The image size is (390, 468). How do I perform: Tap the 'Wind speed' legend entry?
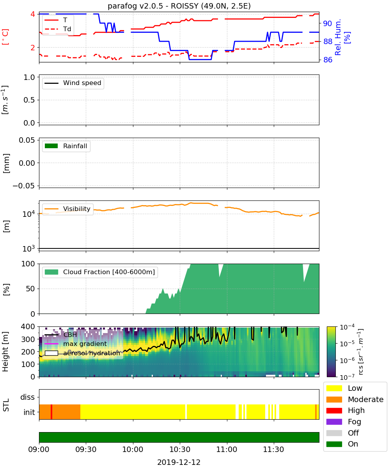[73, 83]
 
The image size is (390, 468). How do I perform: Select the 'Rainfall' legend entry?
[66, 146]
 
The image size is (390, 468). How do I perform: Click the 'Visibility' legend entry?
[67, 209]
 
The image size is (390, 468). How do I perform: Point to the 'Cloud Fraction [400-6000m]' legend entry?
[100, 272]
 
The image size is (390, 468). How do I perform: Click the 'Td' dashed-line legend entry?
[58, 29]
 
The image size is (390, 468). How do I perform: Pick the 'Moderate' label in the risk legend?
[365, 399]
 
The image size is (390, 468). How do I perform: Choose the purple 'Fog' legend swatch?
[334, 422]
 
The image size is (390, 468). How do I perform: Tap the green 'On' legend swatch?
[334, 444]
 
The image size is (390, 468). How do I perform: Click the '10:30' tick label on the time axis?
[179, 449]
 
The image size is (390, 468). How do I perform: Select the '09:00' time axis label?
[39, 449]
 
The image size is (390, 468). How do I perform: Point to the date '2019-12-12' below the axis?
[179, 462]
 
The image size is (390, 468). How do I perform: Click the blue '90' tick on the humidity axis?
[328, 23]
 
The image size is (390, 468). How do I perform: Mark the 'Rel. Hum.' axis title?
[338, 37]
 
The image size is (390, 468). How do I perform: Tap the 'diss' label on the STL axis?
[27, 397]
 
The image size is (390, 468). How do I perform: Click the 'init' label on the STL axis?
[29, 412]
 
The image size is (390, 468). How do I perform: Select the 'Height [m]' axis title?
[5, 351]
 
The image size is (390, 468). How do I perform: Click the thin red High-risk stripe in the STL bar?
[51, 412]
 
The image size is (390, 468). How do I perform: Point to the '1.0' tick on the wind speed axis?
[29, 77]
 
